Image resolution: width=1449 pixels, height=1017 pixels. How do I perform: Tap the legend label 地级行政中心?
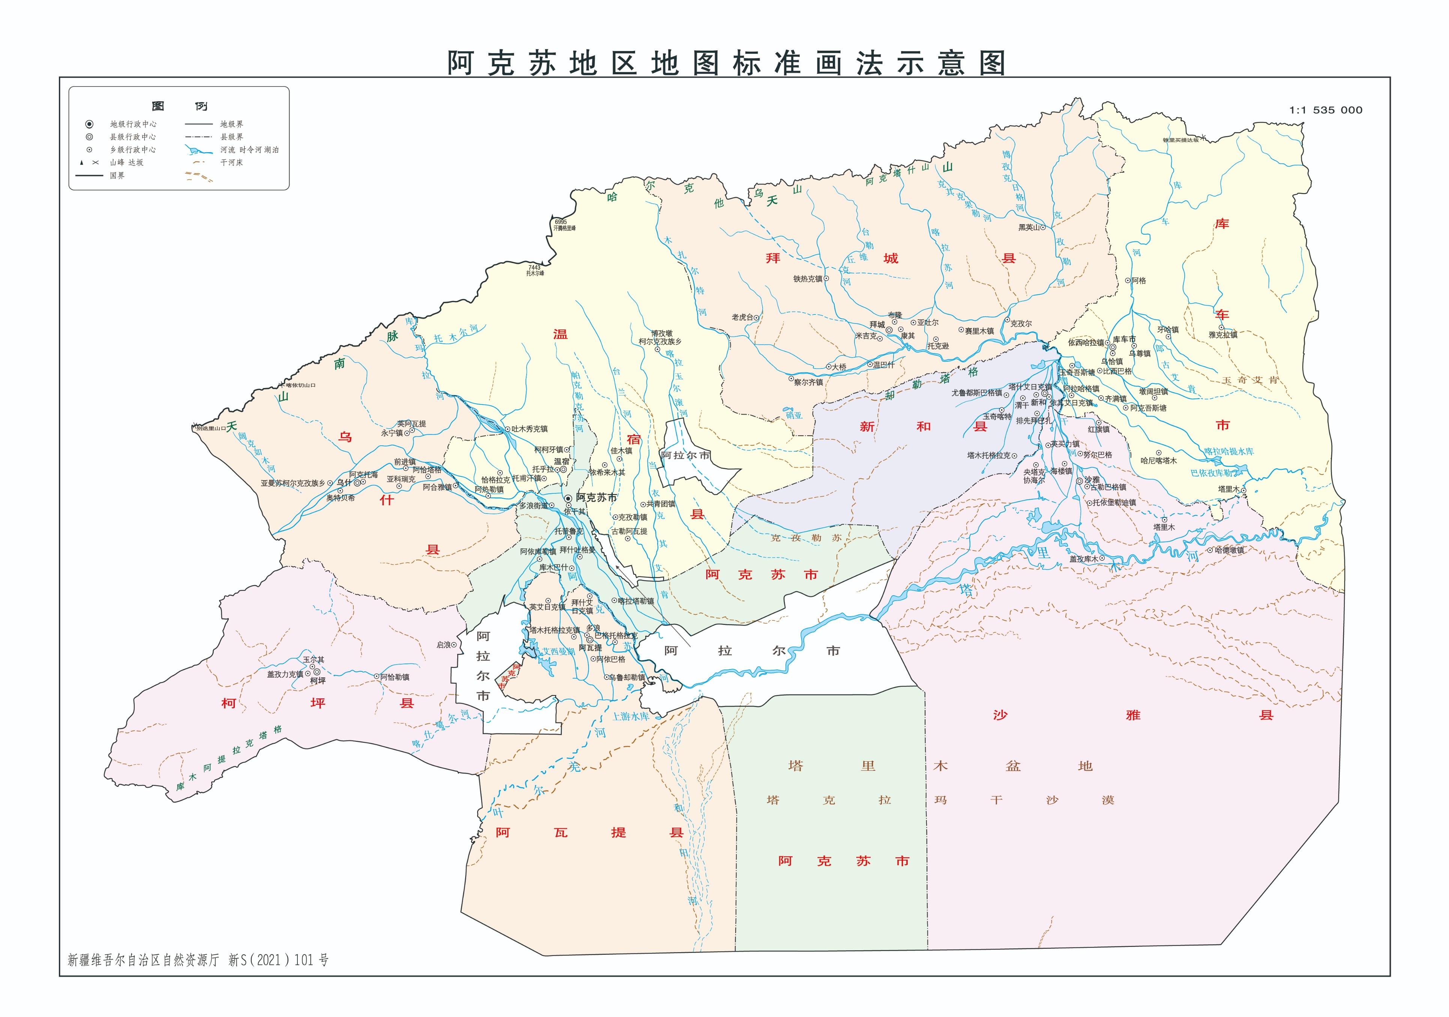pyautogui.click(x=133, y=124)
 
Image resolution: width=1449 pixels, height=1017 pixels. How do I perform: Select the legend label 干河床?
pyautogui.click(x=231, y=163)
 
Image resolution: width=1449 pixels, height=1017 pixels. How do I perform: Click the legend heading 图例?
pyautogui.click(x=179, y=106)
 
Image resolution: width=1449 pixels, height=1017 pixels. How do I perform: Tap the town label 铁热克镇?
pyautogui.click(x=808, y=278)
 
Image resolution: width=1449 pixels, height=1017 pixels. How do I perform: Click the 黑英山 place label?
pyautogui.click(x=1028, y=227)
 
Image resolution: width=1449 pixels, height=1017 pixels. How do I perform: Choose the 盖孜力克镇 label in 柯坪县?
pyautogui.click(x=285, y=674)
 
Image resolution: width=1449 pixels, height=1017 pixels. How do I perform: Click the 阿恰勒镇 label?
pyautogui.click(x=395, y=677)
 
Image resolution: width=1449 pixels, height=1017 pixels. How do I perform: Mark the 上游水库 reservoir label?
pyautogui.click(x=631, y=717)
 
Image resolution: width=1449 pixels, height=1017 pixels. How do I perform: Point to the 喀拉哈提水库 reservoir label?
pyautogui.click(x=1228, y=452)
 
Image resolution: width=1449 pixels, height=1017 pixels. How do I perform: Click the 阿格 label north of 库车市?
pyautogui.click(x=1138, y=281)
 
